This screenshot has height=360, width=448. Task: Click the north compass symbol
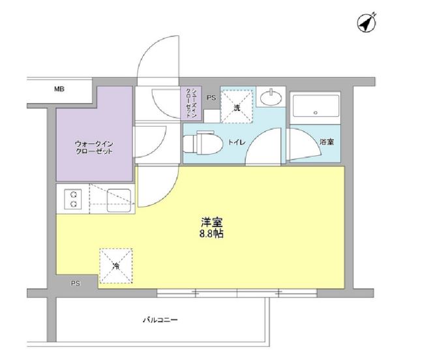367,22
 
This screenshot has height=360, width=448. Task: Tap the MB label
59,89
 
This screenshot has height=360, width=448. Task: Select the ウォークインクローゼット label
94,147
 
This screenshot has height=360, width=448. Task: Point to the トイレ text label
237,142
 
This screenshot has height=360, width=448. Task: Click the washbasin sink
271,97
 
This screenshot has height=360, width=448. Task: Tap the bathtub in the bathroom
316,106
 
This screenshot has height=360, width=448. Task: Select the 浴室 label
327,142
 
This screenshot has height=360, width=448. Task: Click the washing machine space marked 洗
237,106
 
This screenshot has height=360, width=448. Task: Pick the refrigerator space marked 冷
116,266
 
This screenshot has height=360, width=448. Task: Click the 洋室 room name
212,222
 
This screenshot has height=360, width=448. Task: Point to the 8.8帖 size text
211,234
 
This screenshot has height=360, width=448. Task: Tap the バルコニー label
160,320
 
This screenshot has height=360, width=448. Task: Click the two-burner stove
74,199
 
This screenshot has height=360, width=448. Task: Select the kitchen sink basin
119,201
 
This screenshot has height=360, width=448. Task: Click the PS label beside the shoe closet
211,98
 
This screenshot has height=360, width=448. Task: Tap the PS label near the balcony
76,284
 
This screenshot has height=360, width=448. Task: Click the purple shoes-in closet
191,103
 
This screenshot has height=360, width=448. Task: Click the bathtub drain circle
316,113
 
